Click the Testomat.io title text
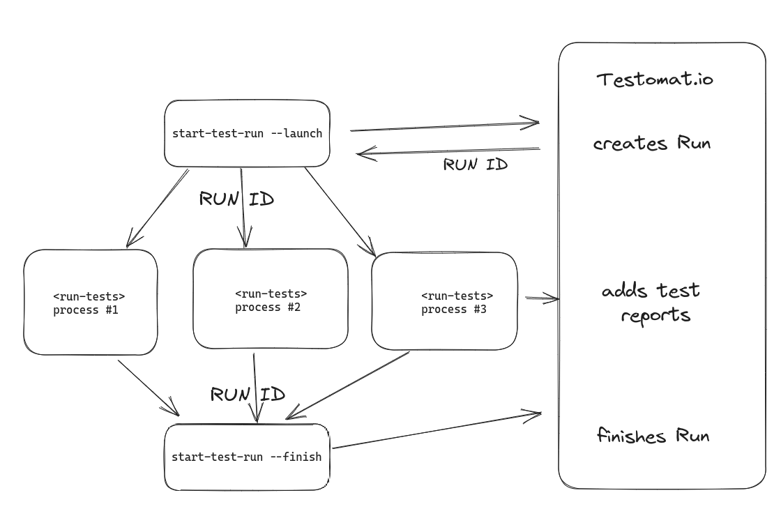click(x=655, y=79)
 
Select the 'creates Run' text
click(x=651, y=144)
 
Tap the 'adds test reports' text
click(x=651, y=303)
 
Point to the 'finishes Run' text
click(x=653, y=436)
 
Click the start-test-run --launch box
click(x=247, y=133)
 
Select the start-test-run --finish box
click(x=246, y=457)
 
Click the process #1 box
click(x=90, y=303)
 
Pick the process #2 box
click(x=270, y=300)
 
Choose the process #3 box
click(x=444, y=301)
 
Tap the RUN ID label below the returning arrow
click(x=476, y=165)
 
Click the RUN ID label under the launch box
click(x=236, y=199)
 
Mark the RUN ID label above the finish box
click(x=248, y=395)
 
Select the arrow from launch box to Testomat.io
click(x=444, y=127)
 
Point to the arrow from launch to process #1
click(x=158, y=207)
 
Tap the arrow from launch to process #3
click(x=340, y=211)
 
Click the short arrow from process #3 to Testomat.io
click(x=542, y=298)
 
